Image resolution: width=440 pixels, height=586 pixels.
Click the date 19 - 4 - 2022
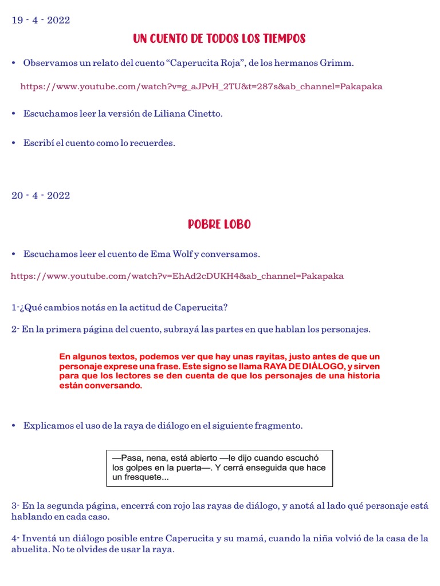click(41, 21)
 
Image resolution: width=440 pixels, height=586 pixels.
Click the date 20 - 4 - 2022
click(41, 196)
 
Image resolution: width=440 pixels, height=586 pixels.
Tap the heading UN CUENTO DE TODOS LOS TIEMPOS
click(219, 39)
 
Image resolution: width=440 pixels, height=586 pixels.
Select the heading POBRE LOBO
click(219, 224)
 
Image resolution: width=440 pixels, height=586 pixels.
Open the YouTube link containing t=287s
click(201, 87)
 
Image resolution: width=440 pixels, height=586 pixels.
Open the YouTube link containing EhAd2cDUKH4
click(177, 276)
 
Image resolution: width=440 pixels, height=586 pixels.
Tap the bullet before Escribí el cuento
click(14, 143)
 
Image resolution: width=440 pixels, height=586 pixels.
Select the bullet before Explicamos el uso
click(14, 426)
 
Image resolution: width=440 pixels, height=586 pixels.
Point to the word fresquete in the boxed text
click(146, 477)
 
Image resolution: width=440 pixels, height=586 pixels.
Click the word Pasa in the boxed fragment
click(125, 458)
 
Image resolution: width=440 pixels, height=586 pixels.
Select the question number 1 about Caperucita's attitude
click(14, 307)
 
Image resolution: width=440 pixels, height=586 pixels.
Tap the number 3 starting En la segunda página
click(14, 506)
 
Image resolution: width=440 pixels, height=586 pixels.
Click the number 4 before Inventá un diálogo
click(14, 539)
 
